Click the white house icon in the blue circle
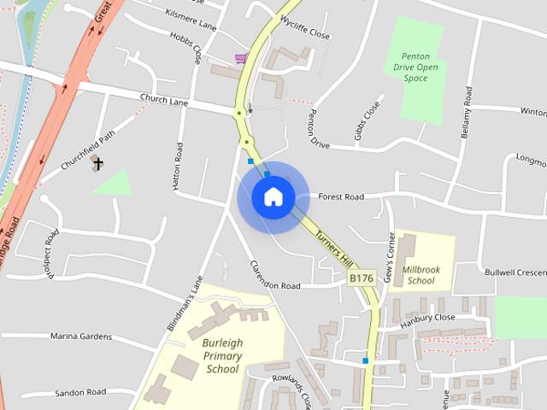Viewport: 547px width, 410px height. click(x=273, y=197)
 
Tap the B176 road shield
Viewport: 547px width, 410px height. click(x=362, y=278)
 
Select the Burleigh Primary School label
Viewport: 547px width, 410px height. click(x=222, y=356)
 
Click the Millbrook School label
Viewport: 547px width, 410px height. click(x=421, y=275)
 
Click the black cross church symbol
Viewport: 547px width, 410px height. click(x=98, y=163)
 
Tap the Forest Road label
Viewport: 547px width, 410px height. click(x=341, y=196)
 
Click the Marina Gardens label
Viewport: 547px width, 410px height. click(x=81, y=337)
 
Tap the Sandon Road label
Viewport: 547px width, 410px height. click(x=80, y=392)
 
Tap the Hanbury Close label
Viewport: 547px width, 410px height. click(x=426, y=317)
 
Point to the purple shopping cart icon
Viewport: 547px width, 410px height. click(x=241, y=58)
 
